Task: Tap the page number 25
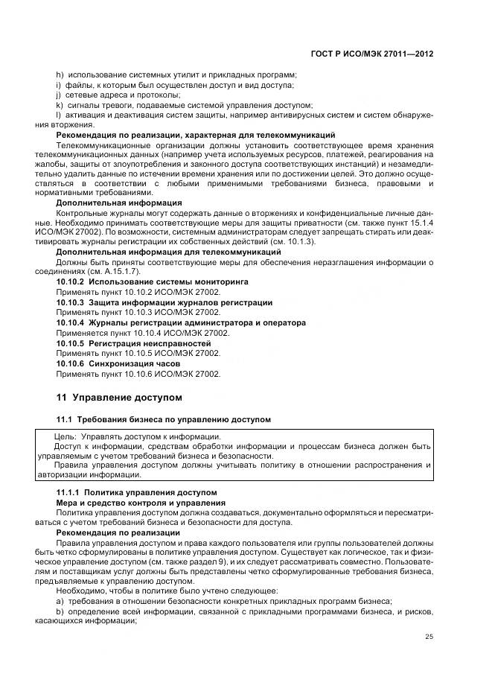click(x=429, y=636)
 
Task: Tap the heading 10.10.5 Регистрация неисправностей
click(x=134, y=343)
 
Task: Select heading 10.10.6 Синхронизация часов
click(x=118, y=363)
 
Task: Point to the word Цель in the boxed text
click(x=66, y=436)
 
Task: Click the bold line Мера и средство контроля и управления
click(x=130, y=503)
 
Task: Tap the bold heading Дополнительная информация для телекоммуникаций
click(x=153, y=252)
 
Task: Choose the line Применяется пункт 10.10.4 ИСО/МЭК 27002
click(x=143, y=333)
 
